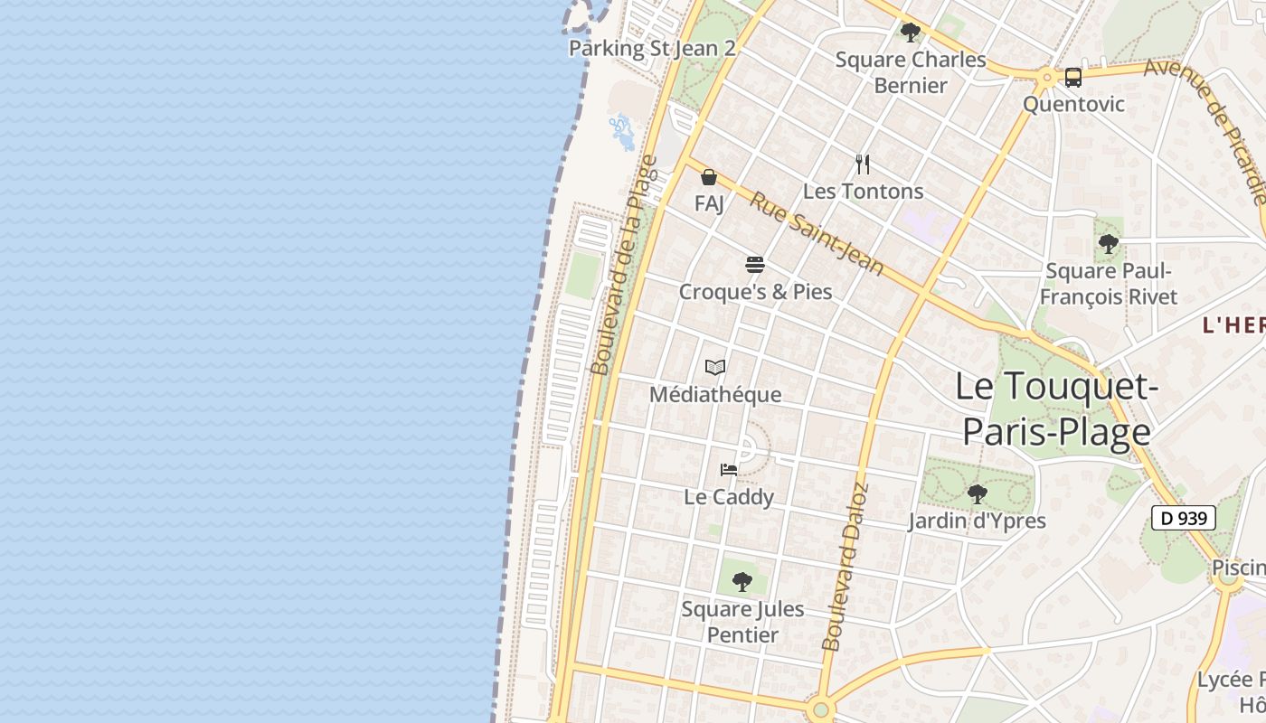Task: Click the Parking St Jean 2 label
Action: click(652, 48)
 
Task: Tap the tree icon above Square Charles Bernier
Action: click(910, 33)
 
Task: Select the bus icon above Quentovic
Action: click(1073, 78)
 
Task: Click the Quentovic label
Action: click(1073, 104)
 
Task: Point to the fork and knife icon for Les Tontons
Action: click(863, 164)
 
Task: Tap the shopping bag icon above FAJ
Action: click(709, 177)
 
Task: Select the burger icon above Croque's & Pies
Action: click(755, 265)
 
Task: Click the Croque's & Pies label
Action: click(755, 292)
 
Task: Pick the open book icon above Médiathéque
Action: click(715, 368)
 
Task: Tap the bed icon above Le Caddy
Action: click(729, 470)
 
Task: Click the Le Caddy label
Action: click(729, 497)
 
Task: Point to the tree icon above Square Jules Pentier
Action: click(742, 582)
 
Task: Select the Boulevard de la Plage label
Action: click(624, 264)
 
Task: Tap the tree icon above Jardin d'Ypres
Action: click(977, 494)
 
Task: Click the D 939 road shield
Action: click(1183, 518)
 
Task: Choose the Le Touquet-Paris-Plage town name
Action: click(1056, 409)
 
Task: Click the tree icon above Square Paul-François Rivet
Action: click(1108, 244)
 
